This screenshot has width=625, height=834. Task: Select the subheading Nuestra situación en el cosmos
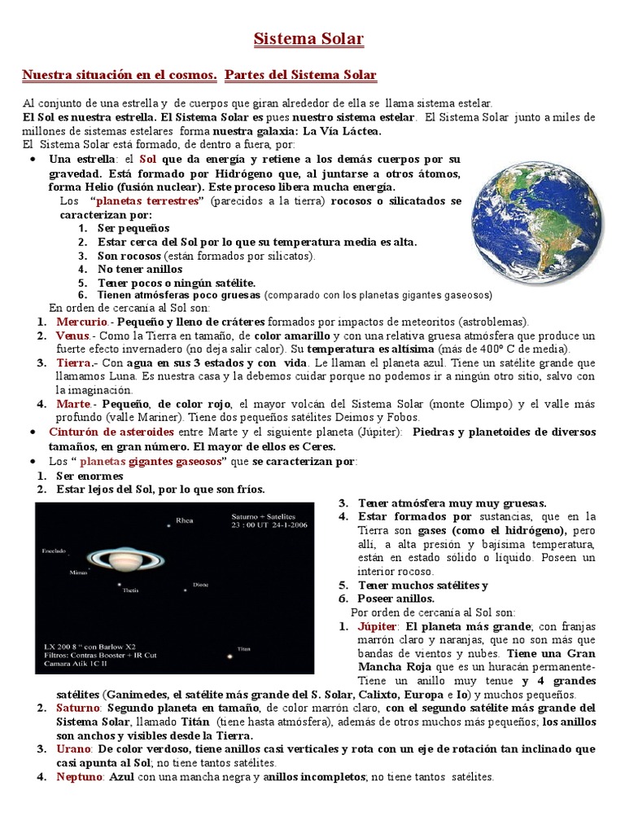[120, 76]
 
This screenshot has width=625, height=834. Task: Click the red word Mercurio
[81, 322]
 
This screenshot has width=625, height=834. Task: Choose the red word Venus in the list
[72, 336]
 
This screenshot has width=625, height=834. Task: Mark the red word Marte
[74, 404]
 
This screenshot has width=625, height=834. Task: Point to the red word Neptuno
[80, 777]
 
